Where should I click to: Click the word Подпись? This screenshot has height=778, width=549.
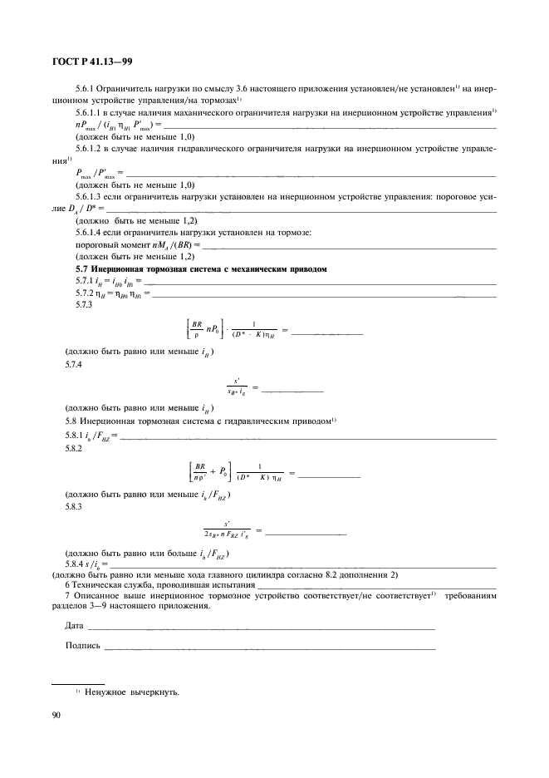click(82, 645)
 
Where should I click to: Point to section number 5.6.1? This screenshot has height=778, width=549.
click(85, 87)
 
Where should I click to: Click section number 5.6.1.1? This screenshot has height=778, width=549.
click(89, 111)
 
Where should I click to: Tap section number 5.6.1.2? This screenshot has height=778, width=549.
click(89, 147)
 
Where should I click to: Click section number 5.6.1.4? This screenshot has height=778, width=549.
click(89, 233)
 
